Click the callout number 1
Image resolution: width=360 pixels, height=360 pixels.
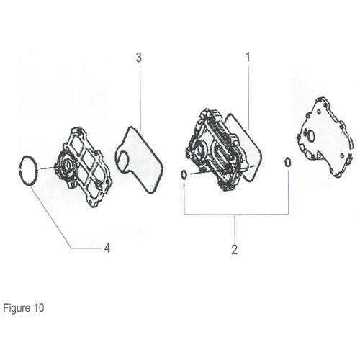point(248,57)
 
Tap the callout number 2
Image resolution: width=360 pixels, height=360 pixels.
point(235,250)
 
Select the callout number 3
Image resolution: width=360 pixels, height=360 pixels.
point(139,58)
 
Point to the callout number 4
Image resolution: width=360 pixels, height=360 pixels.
point(107,248)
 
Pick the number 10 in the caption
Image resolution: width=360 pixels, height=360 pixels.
point(39,308)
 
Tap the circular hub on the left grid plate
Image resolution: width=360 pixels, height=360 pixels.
point(66,166)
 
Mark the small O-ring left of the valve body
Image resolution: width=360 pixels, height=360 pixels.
point(184,174)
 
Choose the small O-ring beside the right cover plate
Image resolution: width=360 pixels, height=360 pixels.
point(287,162)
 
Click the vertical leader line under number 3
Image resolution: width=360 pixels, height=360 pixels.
point(140,99)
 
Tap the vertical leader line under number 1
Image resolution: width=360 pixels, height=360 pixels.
point(248,96)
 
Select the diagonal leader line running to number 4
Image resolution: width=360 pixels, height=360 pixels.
point(51,217)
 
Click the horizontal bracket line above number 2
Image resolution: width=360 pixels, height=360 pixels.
point(236,214)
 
